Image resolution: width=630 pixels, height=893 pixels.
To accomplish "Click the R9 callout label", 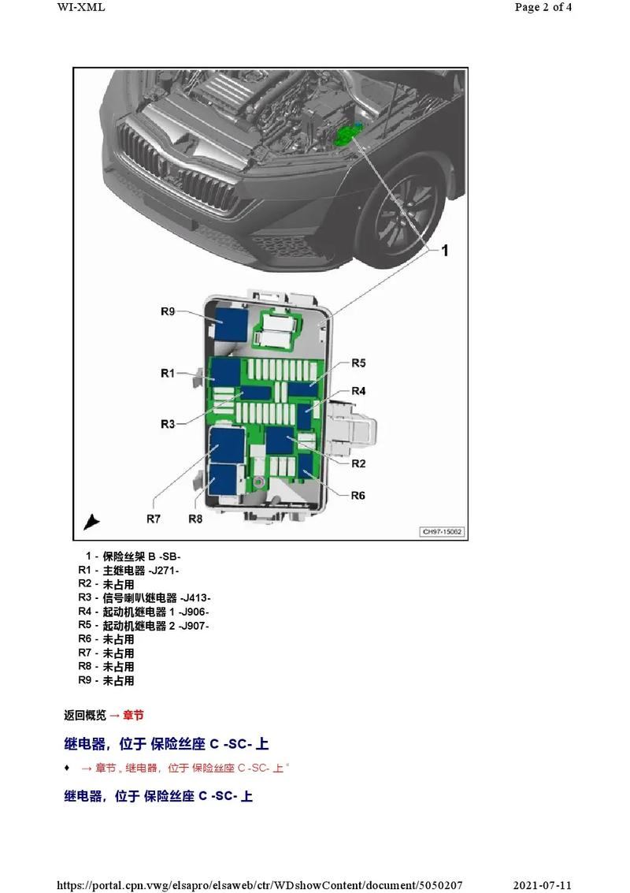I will pos(167,311).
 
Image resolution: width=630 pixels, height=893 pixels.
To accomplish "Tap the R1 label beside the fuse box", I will pos(167,373).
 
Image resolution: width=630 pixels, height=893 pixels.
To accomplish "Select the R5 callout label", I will pos(358,363).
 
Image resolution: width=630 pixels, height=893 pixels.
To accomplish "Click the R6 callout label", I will pos(358,495).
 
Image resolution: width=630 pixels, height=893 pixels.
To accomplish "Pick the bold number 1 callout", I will pos(444,251).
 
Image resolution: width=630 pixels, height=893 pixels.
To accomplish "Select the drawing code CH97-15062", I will pos(443,532).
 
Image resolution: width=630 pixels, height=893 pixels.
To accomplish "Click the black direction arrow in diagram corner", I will pos(92,522).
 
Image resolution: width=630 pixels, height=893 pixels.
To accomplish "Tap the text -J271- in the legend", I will pos(164,570).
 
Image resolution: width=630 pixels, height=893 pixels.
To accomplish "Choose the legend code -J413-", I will pos(195,597).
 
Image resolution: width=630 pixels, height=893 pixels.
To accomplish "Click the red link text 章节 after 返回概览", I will pos(133,716).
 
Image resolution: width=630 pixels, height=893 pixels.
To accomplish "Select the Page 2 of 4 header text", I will pos(543,8).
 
